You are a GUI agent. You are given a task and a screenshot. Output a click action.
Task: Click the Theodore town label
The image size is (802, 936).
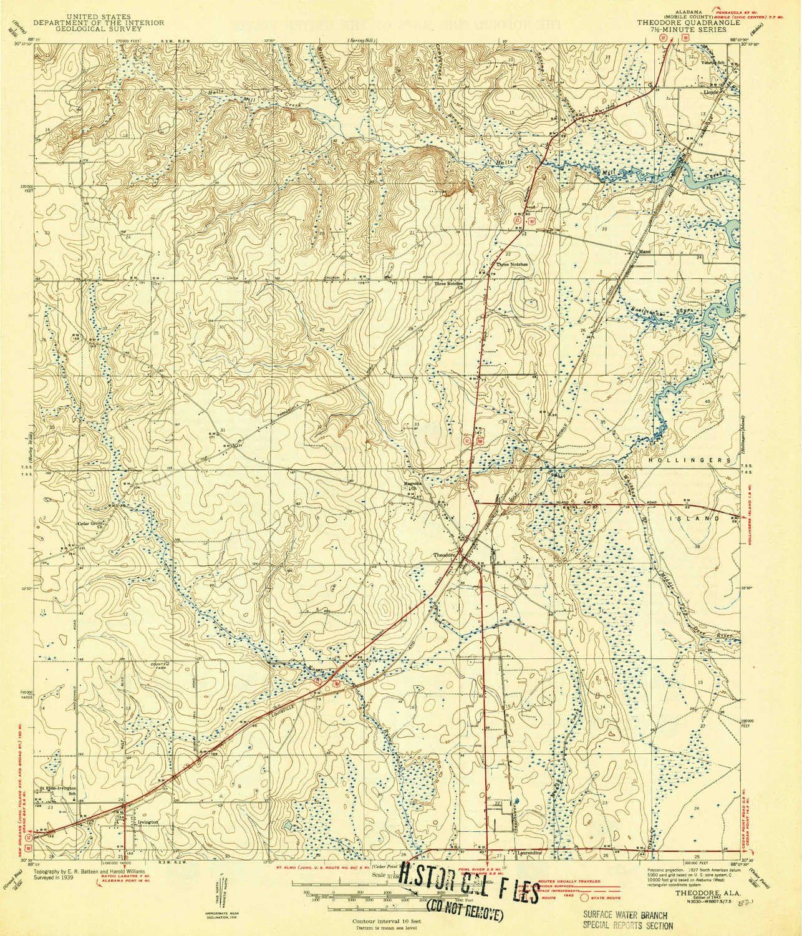(447, 554)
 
